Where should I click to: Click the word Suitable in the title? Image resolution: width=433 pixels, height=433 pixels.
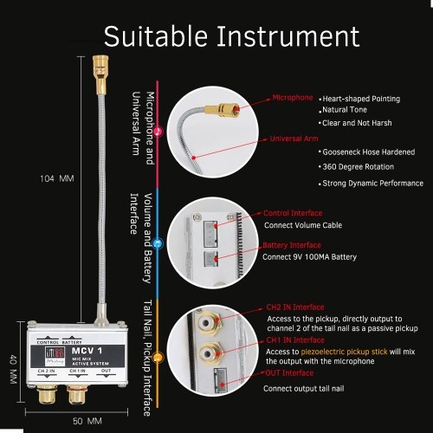tap(156, 36)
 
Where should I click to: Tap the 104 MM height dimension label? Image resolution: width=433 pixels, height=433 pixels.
tap(57, 178)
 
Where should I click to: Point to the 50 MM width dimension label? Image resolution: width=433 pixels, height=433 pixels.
tap(87, 421)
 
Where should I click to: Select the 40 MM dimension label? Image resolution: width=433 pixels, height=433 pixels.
tap(13, 370)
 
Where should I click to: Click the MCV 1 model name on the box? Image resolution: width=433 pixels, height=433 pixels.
tap(87, 351)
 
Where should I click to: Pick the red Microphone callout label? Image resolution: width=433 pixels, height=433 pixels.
tap(293, 98)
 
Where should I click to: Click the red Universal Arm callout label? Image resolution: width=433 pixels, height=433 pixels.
tap(294, 139)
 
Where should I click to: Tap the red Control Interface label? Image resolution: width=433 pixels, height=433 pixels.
tap(293, 213)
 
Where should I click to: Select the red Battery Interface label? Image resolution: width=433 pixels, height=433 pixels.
tap(292, 245)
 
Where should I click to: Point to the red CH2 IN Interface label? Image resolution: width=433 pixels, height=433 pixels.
tap(295, 307)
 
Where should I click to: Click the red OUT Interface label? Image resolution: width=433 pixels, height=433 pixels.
tap(289, 373)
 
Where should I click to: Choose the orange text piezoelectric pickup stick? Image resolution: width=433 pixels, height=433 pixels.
tap(344, 352)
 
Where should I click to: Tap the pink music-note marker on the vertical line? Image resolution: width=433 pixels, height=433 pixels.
tap(158, 132)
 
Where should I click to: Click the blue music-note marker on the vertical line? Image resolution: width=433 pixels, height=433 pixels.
tap(158, 243)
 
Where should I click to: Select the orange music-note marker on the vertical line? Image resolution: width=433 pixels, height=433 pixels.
tap(158, 358)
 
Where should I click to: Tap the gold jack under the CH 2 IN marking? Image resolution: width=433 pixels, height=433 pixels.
tap(47, 394)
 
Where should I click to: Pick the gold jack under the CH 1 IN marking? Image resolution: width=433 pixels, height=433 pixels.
tap(77, 394)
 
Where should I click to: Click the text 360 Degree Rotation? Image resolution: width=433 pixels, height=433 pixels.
tap(358, 167)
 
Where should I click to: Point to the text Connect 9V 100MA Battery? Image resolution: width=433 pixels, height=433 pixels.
tap(309, 257)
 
